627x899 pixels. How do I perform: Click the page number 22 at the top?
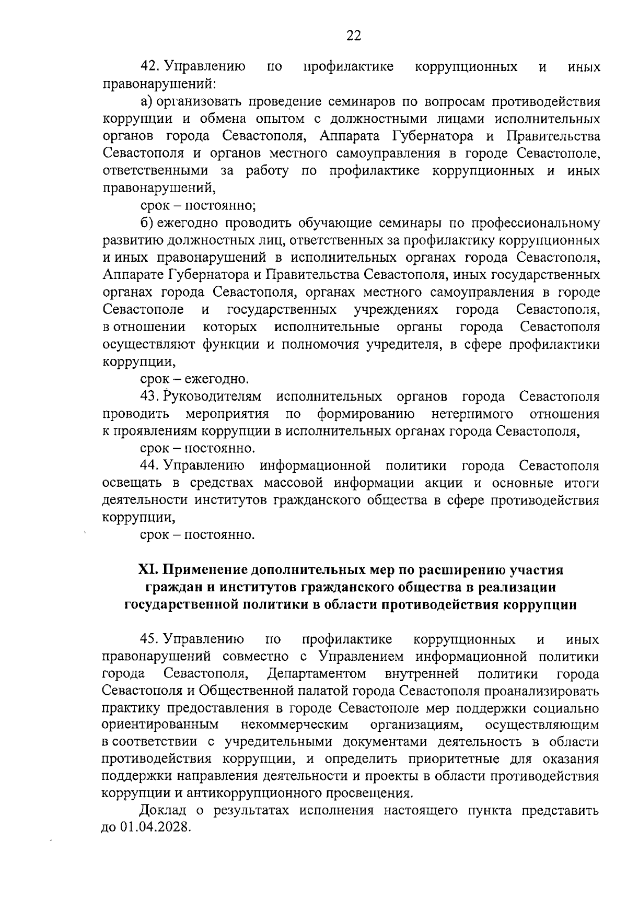[353, 35]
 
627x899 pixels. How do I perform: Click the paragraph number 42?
[150, 67]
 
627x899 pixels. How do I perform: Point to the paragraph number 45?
[150, 639]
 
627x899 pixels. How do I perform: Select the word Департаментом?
[316, 674]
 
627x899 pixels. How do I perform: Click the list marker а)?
[146, 101]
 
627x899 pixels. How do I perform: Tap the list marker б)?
[146, 223]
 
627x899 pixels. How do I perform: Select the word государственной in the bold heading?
[176, 605]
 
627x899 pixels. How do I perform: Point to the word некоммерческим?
[294, 725]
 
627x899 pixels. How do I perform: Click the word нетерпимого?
[472, 414]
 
